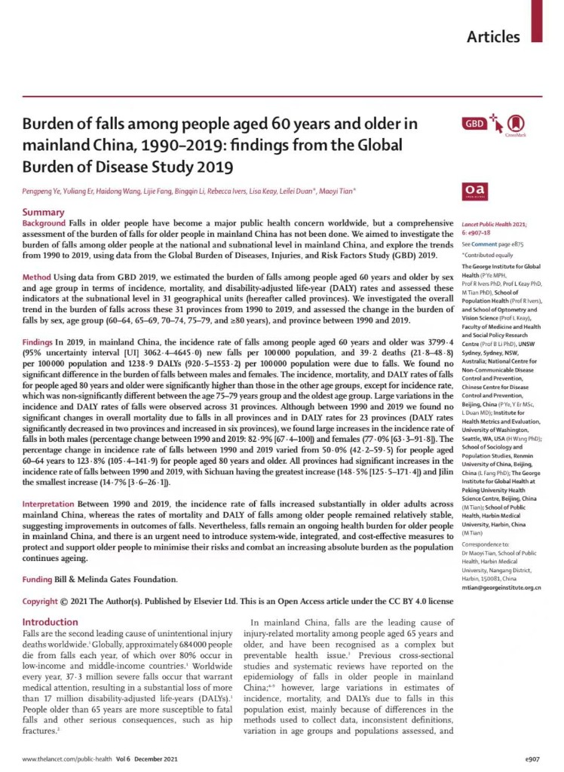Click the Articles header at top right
pos(493,36)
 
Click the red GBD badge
pos(474,123)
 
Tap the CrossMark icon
pos(516,124)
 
